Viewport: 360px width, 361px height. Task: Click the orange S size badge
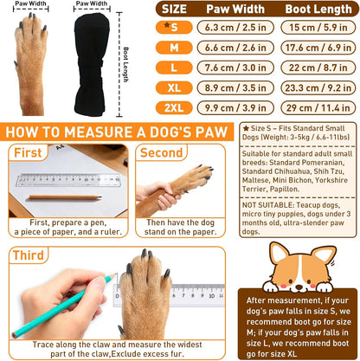[174, 28]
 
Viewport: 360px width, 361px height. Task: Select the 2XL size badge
[174, 108]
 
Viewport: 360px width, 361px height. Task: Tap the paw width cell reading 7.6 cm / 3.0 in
[235, 68]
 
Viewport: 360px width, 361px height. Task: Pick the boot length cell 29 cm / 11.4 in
[318, 108]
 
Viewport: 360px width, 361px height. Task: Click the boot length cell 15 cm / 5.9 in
[318, 28]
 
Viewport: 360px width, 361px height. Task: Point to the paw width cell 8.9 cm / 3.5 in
[235, 87]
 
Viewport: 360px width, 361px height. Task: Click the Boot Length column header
[318, 10]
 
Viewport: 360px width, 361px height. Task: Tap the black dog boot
[92, 65]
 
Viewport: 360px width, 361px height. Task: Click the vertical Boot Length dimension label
[125, 65]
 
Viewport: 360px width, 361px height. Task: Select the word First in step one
[28, 152]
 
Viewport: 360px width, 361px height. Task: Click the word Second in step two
[161, 152]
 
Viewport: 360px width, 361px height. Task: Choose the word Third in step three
[29, 255]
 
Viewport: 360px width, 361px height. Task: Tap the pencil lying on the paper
[65, 197]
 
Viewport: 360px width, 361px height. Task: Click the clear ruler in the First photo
[68, 180]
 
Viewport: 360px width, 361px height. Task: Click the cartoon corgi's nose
[299, 287]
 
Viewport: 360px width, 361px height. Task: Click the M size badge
[174, 48]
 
